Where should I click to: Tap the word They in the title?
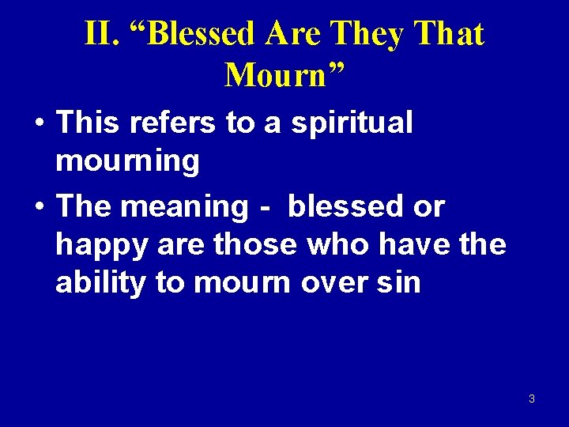(x=367, y=34)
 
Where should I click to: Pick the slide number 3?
(x=531, y=399)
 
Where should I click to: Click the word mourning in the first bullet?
(x=127, y=161)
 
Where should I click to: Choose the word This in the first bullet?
(x=89, y=123)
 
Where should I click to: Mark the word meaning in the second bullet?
(x=186, y=207)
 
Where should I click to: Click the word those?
(x=256, y=244)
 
